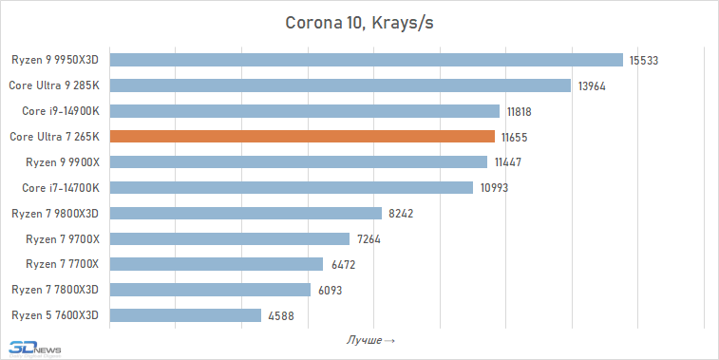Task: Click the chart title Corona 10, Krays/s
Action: pos(359,22)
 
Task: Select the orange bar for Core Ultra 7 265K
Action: pos(302,137)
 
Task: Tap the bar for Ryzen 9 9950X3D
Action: pos(366,60)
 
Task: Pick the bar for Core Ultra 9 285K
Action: pos(340,85)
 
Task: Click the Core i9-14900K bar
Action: pos(305,111)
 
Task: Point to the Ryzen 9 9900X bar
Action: pos(298,162)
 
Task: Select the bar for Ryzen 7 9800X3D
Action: pos(246,213)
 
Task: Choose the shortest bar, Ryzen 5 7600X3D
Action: pos(185,314)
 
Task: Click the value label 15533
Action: pos(643,61)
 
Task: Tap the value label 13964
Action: pos(591,86)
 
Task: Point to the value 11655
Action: pos(514,137)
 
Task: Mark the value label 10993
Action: pos(493,188)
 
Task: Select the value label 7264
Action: pos(366,238)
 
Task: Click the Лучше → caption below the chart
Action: pos(369,339)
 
